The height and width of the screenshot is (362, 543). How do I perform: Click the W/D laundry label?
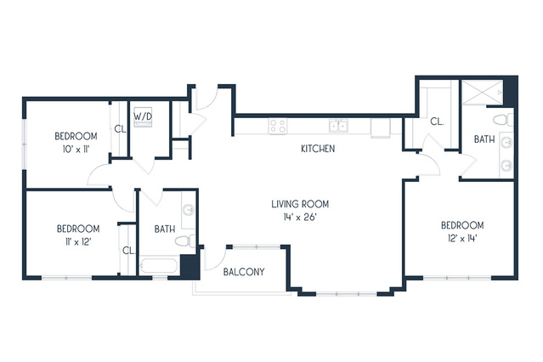[x=143, y=116]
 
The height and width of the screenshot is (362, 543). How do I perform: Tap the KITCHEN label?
[x=318, y=149]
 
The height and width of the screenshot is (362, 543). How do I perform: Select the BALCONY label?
[x=244, y=272]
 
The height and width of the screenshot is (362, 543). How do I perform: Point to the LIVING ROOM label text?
[x=300, y=204]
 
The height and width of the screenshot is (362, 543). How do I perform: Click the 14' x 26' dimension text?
[x=300, y=218]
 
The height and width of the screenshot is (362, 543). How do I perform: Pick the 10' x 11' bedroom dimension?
[x=76, y=150]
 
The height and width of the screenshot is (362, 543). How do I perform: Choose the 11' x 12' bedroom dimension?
[x=76, y=241]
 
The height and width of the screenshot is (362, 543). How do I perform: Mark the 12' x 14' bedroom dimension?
[x=462, y=238]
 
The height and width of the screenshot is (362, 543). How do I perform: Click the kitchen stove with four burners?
[x=278, y=127]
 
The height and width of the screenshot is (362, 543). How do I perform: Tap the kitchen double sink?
[x=338, y=126]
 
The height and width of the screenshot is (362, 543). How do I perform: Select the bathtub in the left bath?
[x=159, y=266]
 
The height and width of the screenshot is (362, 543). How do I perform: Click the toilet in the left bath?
[x=185, y=240]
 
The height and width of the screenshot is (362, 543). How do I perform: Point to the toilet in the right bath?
[x=503, y=120]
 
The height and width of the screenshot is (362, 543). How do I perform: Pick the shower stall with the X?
[x=483, y=92]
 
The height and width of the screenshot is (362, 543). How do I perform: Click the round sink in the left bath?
[x=189, y=210]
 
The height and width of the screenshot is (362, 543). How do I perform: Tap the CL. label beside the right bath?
[x=437, y=122]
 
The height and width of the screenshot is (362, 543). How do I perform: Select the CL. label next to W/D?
[x=120, y=129]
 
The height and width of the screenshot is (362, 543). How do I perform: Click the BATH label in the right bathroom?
[x=484, y=139]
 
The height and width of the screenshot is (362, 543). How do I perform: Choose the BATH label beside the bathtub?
[x=165, y=229]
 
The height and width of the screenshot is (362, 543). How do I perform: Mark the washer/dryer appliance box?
[x=143, y=117]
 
